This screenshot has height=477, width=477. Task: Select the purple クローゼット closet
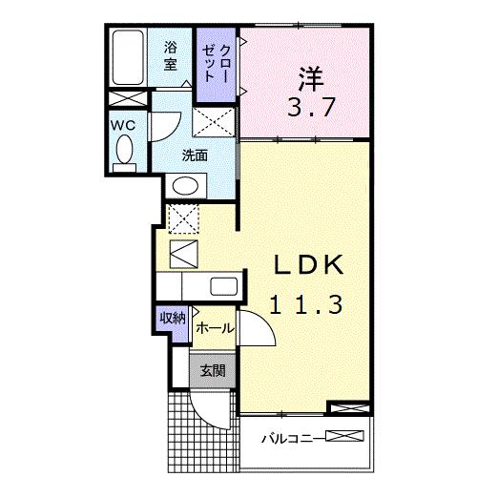coord(213,62)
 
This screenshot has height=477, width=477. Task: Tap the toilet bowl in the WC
coord(123,150)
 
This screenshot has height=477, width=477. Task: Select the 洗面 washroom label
coord(196,156)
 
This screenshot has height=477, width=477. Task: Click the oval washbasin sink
coord(187,185)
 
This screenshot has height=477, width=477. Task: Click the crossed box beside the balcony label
coord(346,438)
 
